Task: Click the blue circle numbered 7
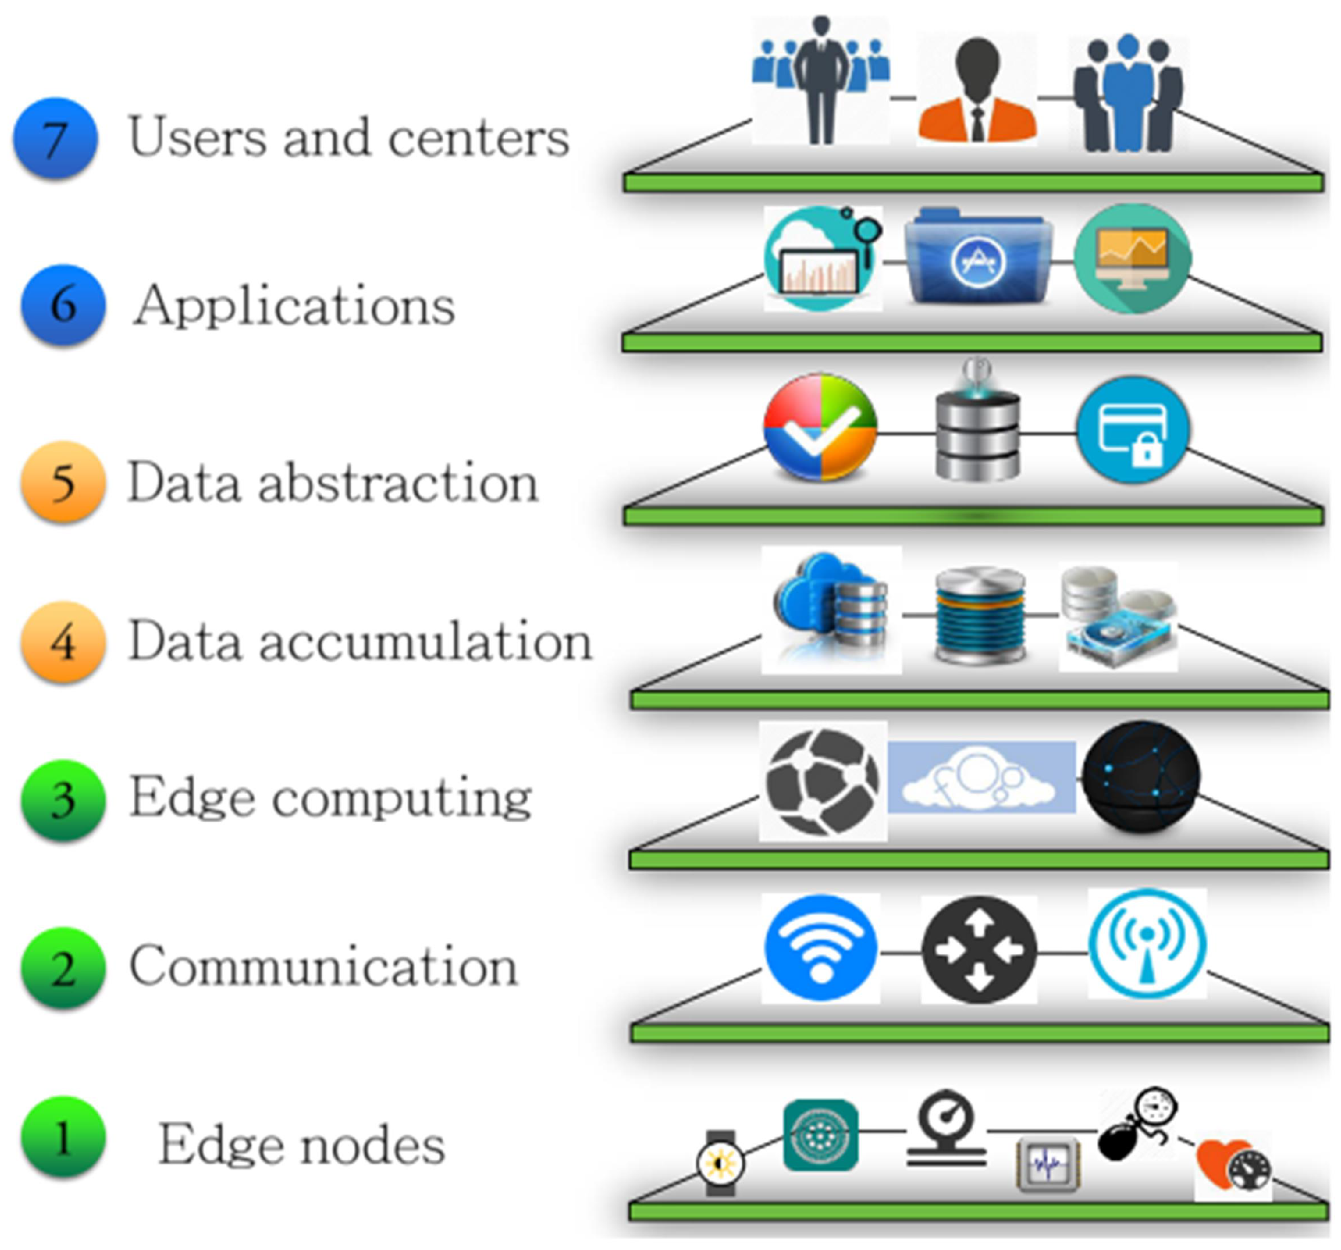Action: (x=55, y=138)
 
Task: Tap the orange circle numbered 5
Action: (x=63, y=481)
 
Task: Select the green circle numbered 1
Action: (x=63, y=1138)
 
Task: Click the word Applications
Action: (x=294, y=306)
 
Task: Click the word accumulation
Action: (x=425, y=641)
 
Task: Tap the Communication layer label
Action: (x=323, y=966)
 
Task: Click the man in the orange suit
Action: (x=977, y=91)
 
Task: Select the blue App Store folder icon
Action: (x=978, y=257)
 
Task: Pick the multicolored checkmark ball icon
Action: (x=820, y=427)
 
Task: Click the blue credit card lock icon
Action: (x=1133, y=430)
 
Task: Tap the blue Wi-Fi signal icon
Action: (x=820, y=948)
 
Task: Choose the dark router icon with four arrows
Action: (x=979, y=950)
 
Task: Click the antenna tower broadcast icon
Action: (x=1147, y=944)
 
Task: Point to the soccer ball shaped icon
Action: (x=822, y=781)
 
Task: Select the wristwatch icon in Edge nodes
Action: (x=720, y=1163)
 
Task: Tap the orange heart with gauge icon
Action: (x=1232, y=1165)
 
